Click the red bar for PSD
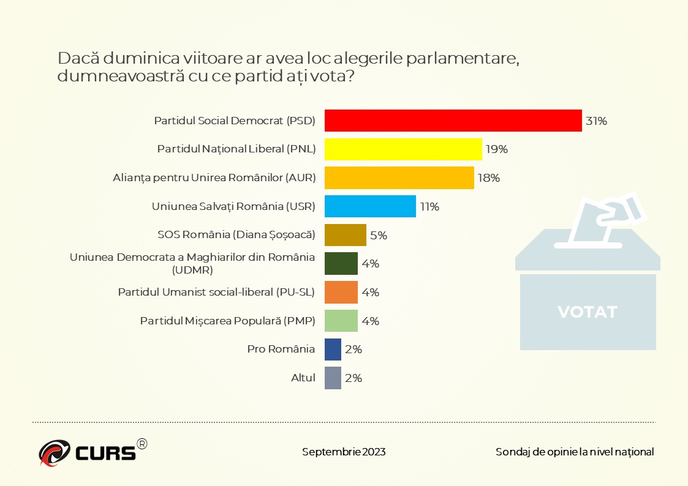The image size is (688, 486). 453,121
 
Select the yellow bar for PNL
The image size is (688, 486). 403,149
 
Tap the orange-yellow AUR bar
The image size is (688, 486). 399,178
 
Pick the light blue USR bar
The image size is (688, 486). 370,206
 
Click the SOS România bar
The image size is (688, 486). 345,235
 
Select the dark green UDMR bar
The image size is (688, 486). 341,264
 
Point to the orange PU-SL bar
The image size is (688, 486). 341,292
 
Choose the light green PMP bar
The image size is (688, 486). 341,321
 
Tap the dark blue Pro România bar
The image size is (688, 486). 333,350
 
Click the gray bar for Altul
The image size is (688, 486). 333,378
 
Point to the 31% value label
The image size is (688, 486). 596,121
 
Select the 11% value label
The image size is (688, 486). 429,207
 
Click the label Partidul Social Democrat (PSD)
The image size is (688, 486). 234,121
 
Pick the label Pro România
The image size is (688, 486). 281,350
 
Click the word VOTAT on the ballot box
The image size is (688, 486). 587,312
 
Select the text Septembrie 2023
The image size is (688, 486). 344,452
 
